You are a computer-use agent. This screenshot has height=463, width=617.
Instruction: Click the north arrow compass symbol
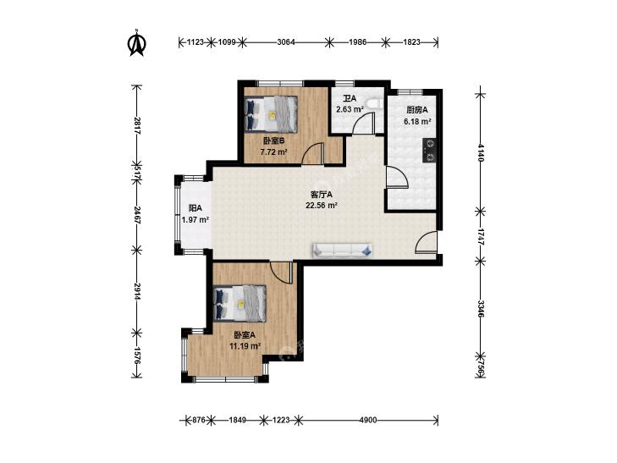(x=136, y=43)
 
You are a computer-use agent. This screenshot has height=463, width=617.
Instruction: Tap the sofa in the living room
(x=342, y=251)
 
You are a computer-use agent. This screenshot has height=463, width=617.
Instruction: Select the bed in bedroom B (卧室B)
(x=271, y=114)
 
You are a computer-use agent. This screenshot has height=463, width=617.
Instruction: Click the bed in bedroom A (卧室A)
(x=240, y=303)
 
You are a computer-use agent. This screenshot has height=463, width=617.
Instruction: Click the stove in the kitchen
(x=429, y=151)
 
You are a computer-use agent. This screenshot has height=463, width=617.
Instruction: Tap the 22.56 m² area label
(x=322, y=205)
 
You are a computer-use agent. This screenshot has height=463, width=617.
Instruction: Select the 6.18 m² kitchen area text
(x=417, y=122)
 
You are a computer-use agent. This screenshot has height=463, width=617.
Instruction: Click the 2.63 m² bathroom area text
(x=350, y=109)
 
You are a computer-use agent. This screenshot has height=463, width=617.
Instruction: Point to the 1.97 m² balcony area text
(x=196, y=220)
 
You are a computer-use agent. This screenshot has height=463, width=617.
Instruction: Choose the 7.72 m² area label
(x=274, y=151)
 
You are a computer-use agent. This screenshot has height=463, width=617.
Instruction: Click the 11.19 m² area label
(x=245, y=346)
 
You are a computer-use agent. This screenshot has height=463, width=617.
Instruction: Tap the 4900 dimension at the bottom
(x=368, y=420)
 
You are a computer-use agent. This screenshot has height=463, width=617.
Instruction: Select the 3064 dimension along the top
(x=286, y=41)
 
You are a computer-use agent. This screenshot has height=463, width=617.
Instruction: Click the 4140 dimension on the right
(x=481, y=152)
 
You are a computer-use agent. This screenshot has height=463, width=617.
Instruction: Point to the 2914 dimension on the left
(x=136, y=291)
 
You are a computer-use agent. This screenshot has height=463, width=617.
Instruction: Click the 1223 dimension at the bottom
(x=281, y=420)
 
